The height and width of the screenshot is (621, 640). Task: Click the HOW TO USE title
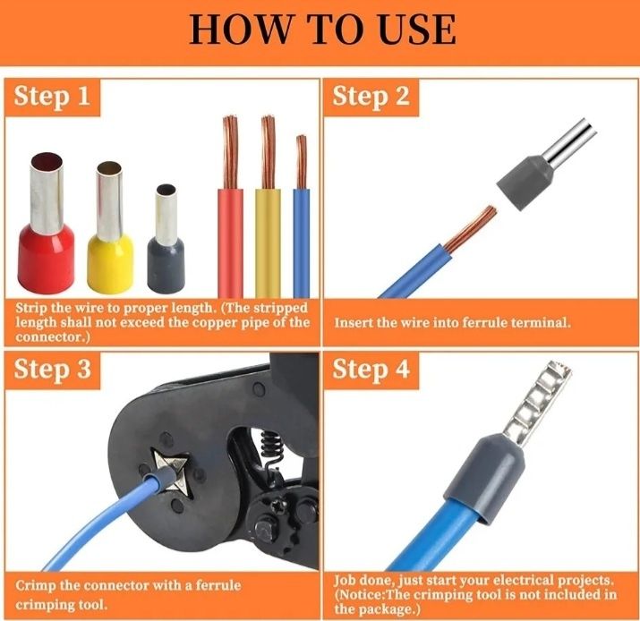322,30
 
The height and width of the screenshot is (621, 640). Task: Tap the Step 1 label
52,98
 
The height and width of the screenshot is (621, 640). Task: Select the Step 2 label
371,98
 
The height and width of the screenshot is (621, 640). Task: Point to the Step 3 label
52,370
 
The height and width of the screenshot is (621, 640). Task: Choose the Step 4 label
371,370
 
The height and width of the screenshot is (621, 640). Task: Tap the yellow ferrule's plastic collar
110,264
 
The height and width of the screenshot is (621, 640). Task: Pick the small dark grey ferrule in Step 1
166,239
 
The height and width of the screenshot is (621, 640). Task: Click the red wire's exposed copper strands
230,152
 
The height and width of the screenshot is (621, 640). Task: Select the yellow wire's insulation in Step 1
268,243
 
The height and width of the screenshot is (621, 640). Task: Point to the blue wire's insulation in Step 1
302,243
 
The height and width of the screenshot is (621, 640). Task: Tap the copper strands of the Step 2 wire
470,228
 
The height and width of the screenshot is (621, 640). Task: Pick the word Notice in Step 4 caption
362,595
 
